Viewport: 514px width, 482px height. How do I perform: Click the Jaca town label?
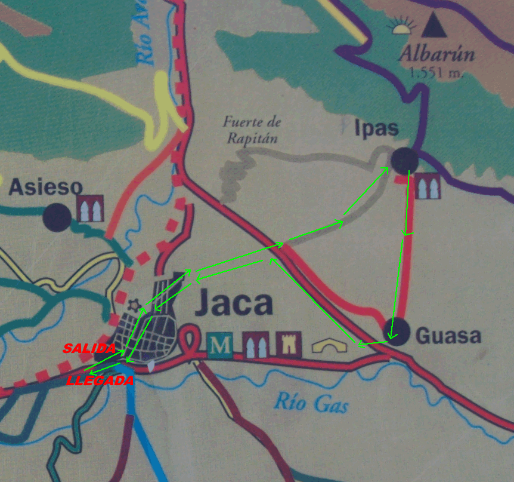pyautogui.click(x=233, y=304)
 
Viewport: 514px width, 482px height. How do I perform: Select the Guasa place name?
pyautogui.click(x=448, y=336)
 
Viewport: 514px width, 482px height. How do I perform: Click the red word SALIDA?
pyautogui.click(x=89, y=348)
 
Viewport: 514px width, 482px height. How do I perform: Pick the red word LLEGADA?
pyautogui.click(x=100, y=381)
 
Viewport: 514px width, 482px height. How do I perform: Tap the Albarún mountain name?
pyautogui.click(x=437, y=54)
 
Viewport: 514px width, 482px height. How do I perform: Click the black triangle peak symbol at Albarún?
pyautogui.click(x=434, y=26)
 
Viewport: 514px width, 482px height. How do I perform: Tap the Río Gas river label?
pyautogui.click(x=311, y=403)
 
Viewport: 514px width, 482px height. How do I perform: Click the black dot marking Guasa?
pyautogui.click(x=396, y=331)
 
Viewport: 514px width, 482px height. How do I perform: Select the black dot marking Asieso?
pyautogui.click(x=57, y=216)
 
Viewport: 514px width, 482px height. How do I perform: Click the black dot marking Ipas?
pyautogui.click(x=404, y=159)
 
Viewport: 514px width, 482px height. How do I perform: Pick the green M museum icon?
pyautogui.click(x=221, y=345)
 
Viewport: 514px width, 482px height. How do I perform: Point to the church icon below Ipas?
pyautogui.click(x=428, y=186)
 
